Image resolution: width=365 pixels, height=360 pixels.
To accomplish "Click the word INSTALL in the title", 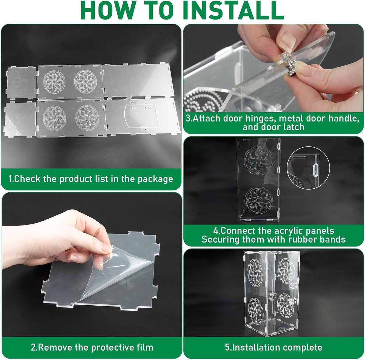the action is click(233, 10).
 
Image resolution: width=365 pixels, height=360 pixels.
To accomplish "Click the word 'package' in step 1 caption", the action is click(155, 179).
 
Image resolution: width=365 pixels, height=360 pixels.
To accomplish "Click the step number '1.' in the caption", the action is click(11, 179).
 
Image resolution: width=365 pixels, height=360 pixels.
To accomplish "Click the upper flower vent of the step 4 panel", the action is click(258, 161).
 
